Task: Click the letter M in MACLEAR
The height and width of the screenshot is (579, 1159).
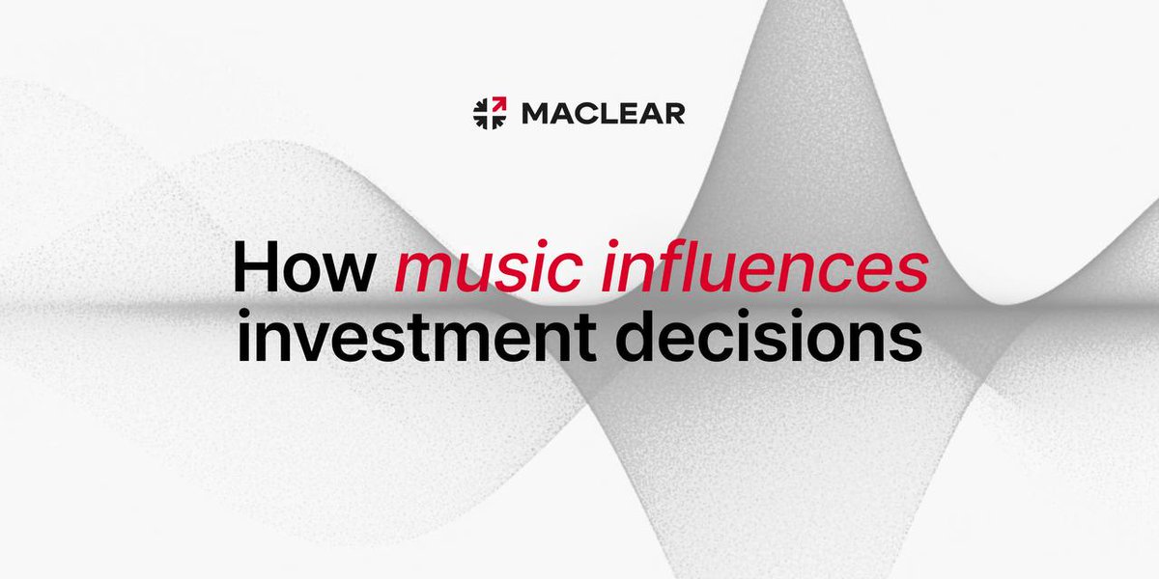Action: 535,114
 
